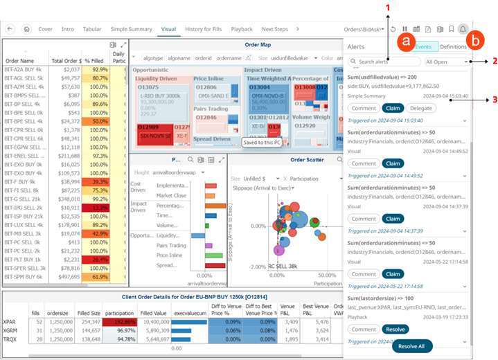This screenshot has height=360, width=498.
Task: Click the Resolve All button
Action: [x=416, y=345]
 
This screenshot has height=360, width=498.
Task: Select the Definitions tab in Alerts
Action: [x=453, y=46]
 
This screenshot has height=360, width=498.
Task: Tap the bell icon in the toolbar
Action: [x=463, y=30]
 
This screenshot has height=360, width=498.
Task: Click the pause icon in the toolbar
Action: [x=404, y=30]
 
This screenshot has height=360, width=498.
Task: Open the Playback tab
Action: [x=242, y=29]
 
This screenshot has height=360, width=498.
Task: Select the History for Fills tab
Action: [x=204, y=29]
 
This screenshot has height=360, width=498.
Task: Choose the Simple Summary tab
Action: [x=132, y=29]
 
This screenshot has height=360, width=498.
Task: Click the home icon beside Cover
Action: [x=26, y=29]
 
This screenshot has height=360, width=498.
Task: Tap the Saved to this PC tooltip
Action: [x=260, y=142]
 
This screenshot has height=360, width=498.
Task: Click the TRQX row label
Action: [x=10, y=339]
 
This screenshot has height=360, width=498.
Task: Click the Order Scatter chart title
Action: [x=307, y=160]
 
